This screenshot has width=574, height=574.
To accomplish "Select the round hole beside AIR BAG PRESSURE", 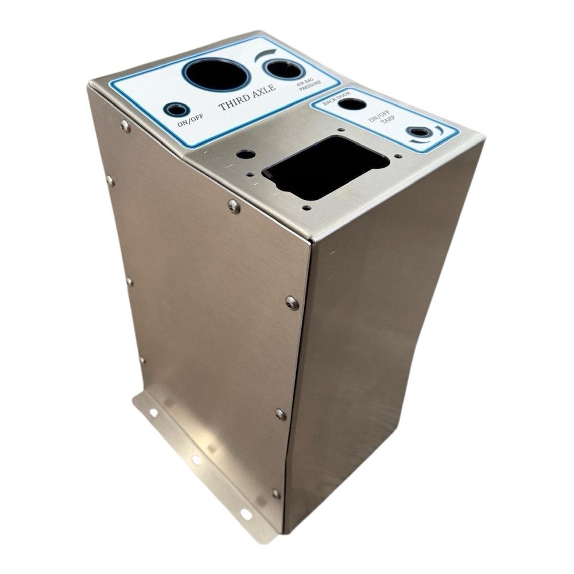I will click(x=283, y=69).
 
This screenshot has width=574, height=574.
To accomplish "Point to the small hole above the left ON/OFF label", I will click(x=175, y=108).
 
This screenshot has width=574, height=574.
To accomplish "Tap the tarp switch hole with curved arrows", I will click(x=420, y=132).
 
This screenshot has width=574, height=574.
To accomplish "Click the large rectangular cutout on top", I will click(x=325, y=166).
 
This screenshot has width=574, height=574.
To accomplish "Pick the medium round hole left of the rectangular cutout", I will click(x=245, y=154).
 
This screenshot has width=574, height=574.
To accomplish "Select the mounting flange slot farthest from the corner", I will click(x=153, y=412).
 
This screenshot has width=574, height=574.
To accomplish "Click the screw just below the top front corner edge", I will click(x=234, y=205).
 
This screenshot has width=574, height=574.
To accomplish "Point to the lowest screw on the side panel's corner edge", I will click(x=276, y=492).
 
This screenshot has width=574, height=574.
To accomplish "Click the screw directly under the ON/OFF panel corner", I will click(x=125, y=125).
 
